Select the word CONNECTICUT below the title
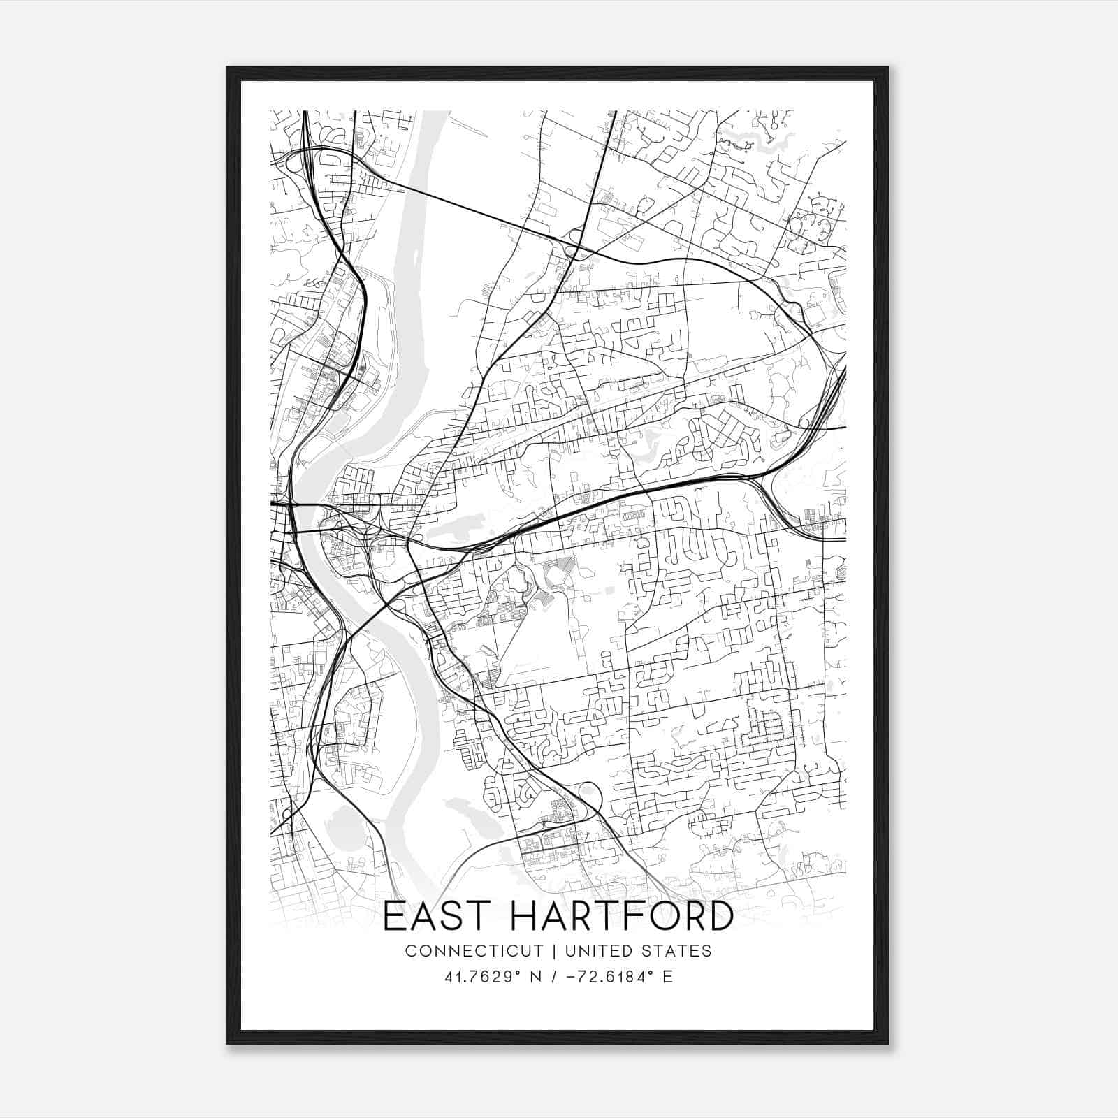pos(474,951)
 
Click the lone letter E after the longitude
pos(668,977)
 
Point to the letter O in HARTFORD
pos(675,916)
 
